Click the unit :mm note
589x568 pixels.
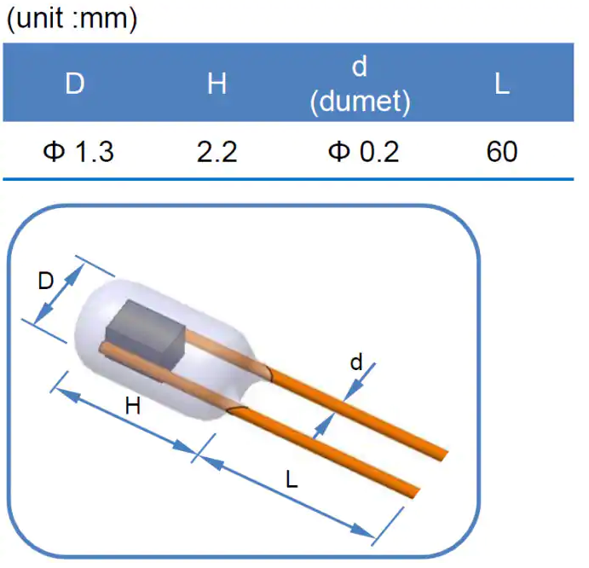point(72,20)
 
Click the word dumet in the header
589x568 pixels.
point(361,102)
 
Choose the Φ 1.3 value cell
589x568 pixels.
point(78,152)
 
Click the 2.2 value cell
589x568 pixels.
point(217,152)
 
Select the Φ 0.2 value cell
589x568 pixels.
point(362,152)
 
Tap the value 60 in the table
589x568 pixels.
point(502,152)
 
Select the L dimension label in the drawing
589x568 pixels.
point(292,480)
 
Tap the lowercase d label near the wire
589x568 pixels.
point(356,363)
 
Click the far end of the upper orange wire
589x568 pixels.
point(444,451)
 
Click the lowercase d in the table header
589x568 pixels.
point(360,68)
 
